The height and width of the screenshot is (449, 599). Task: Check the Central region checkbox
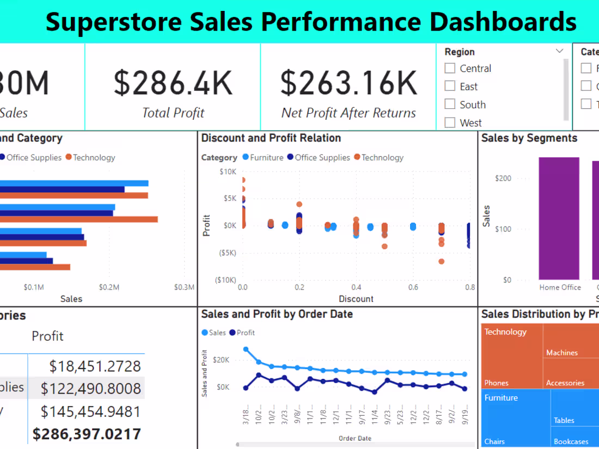(x=450, y=68)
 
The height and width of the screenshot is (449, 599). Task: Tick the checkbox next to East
(x=450, y=86)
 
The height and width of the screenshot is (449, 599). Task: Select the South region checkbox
(x=450, y=104)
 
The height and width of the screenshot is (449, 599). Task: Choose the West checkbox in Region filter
(x=450, y=122)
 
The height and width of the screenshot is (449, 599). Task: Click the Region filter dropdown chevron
(x=559, y=51)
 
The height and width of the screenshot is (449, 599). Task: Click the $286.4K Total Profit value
(x=173, y=82)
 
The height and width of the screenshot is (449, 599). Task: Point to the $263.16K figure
(x=349, y=82)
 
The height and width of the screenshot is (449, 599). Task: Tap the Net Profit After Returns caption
(x=349, y=113)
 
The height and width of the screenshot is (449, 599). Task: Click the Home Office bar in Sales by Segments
(x=559, y=218)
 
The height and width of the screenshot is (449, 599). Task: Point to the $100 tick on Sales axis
(x=503, y=229)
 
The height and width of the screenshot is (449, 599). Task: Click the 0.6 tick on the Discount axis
(x=413, y=287)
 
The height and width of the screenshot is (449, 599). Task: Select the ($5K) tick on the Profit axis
(x=227, y=253)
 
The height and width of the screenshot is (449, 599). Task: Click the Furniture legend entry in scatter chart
(x=262, y=157)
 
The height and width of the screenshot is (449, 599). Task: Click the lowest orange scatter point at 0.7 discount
(x=442, y=262)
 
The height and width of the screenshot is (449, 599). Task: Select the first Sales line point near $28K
(x=246, y=349)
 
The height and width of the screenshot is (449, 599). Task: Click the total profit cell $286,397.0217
(x=87, y=434)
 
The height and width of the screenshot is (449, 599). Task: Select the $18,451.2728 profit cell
(x=95, y=366)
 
